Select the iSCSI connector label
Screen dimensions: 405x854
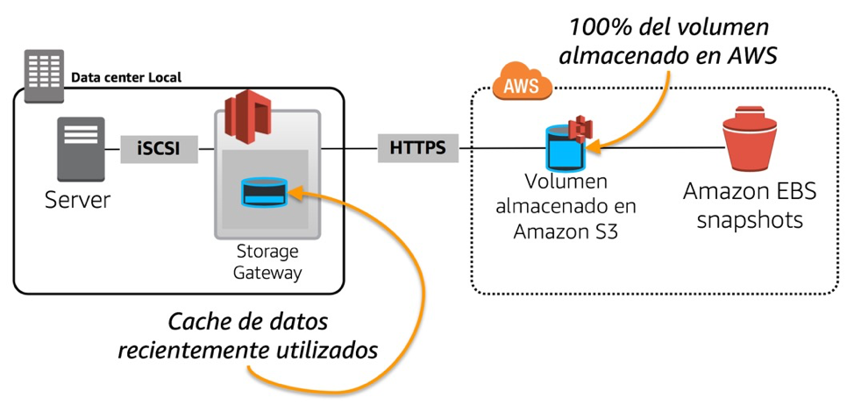click(x=159, y=148)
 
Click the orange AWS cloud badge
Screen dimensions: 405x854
click(x=521, y=84)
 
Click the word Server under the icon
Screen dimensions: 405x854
click(x=78, y=200)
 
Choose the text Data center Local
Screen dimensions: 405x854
click(x=126, y=77)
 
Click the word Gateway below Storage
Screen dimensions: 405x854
click(x=268, y=273)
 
